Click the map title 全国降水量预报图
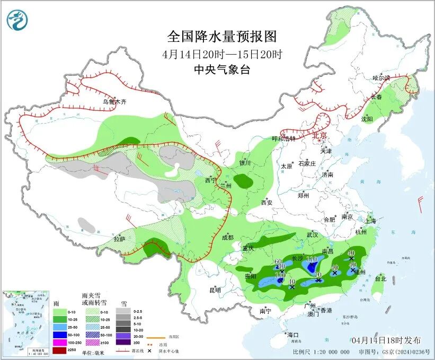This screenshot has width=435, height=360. (x=222, y=36)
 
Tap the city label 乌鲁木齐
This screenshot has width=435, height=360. (x=115, y=102)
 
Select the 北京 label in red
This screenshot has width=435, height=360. (x=321, y=135)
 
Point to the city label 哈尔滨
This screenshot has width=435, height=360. (x=380, y=78)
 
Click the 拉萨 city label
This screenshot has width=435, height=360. (x=120, y=239)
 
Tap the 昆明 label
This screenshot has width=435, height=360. (x=215, y=290)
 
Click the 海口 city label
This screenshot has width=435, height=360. (x=293, y=335)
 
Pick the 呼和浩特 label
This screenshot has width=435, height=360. (x=282, y=138)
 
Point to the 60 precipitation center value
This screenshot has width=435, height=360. (x=278, y=261)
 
